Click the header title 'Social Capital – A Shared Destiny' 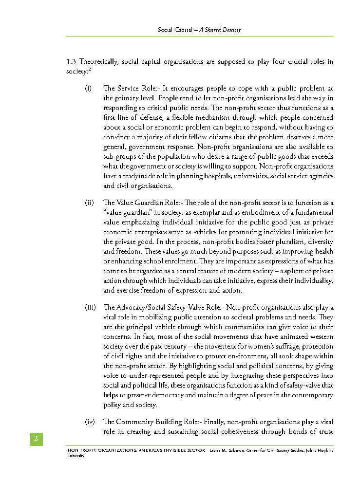tap(199, 30)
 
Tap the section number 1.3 tap(71, 62)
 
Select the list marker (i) tap(88, 89)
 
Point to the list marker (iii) tap(90, 307)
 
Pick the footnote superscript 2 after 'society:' tap(91, 70)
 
